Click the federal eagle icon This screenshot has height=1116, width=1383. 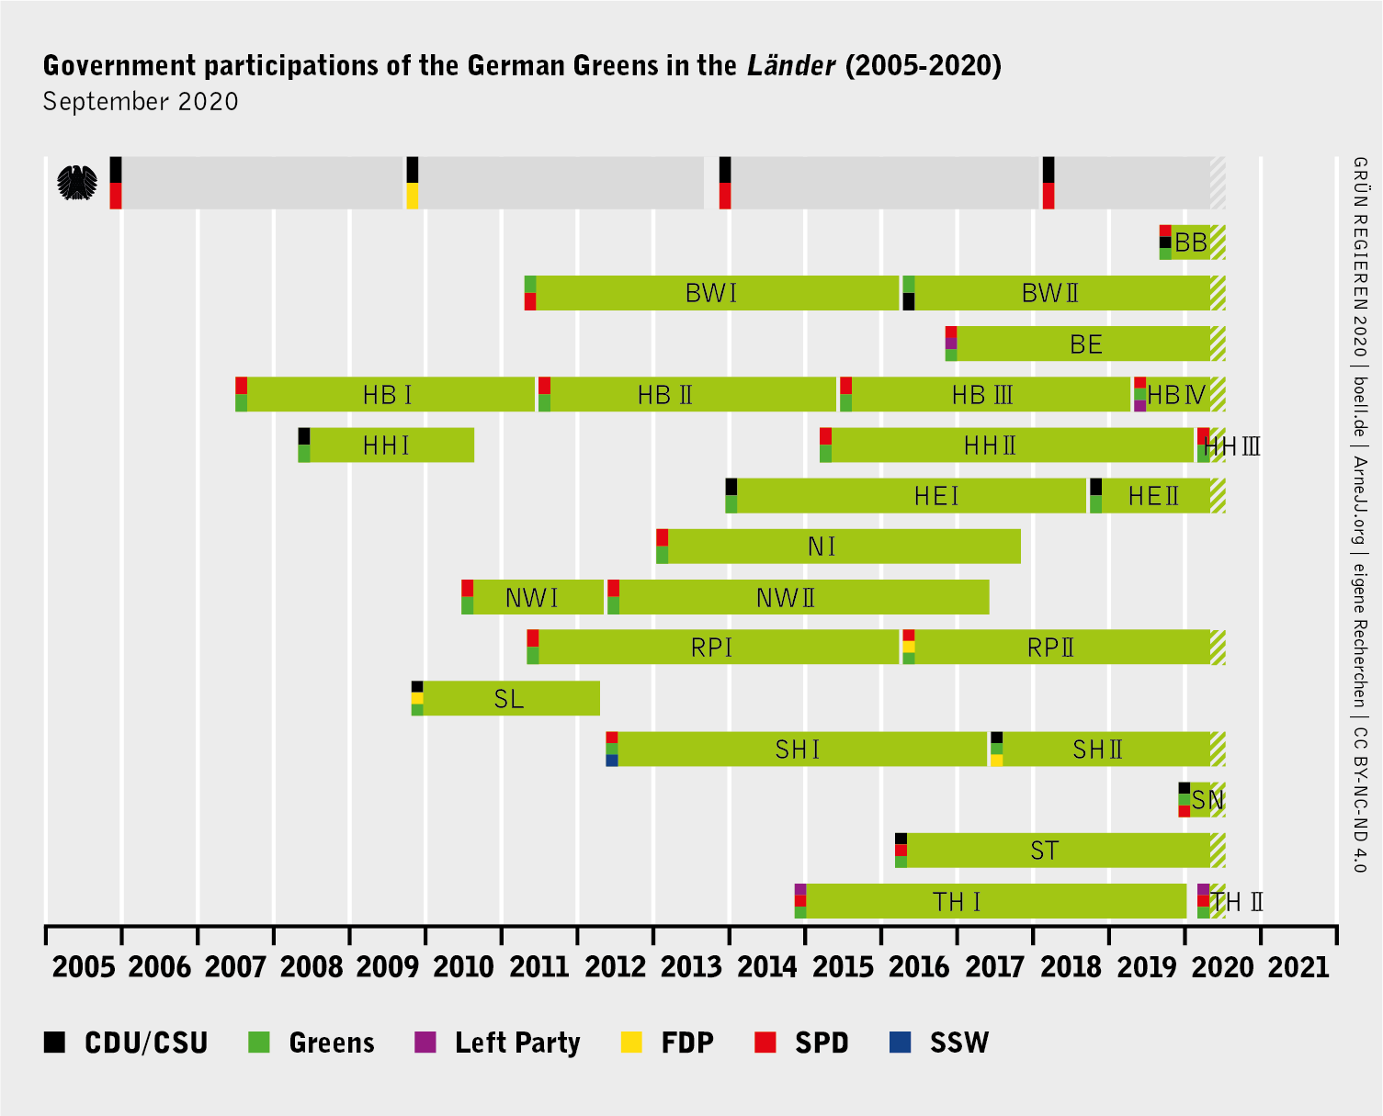tap(77, 183)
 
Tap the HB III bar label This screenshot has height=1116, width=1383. tap(982, 395)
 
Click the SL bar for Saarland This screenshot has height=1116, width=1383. tap(510, 699)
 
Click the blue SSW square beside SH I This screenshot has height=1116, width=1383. tap(612, 761)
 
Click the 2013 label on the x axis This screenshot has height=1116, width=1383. tap(691, 967)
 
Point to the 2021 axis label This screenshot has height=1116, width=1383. tap(1298, 967)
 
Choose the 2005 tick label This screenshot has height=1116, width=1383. tap(84, 967)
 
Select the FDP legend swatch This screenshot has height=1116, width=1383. tap(631, 1043)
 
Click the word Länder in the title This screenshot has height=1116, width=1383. tap(791, 66)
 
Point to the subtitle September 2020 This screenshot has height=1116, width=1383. tap(141, 101)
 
